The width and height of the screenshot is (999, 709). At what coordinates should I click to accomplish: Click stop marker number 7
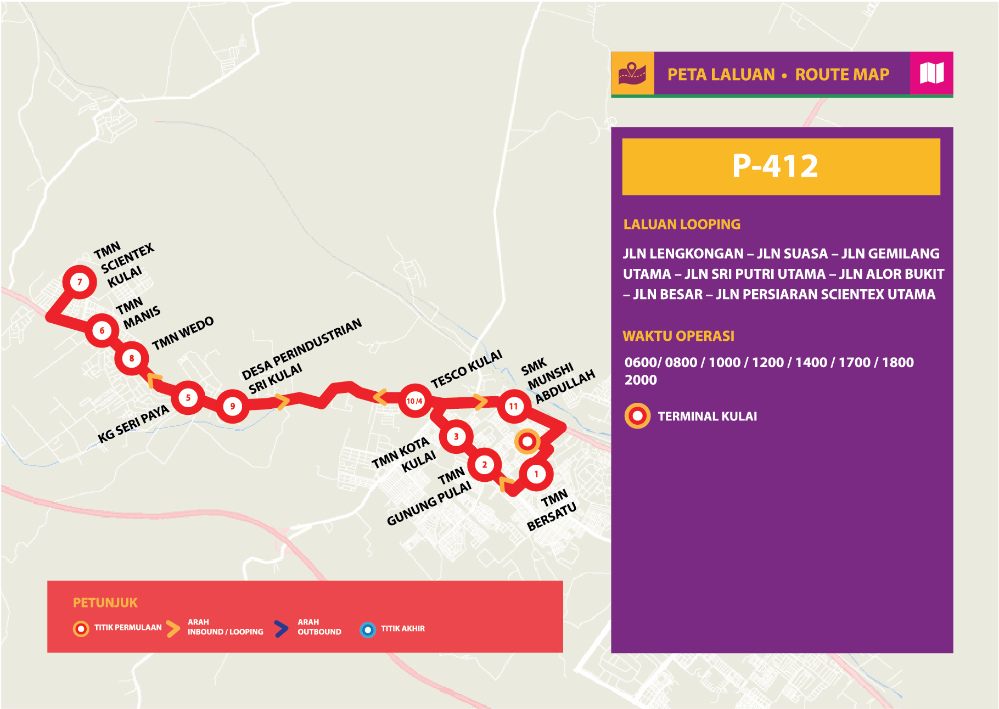point(80,282)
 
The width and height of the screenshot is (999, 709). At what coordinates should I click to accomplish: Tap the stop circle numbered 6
point(102,330)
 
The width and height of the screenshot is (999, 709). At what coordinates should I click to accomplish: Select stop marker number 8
point(132,358)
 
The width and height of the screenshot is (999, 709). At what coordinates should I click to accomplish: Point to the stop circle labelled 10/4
point(414,401)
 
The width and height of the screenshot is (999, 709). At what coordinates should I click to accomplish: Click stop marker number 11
point(513,407)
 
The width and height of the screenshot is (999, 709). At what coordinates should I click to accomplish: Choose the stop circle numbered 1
point(536,474)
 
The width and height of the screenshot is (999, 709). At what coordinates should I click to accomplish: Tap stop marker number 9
point(233,406)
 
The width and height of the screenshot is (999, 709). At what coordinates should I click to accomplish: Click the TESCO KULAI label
point(467,369)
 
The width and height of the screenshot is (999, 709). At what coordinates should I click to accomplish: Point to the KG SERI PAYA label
point(133,424)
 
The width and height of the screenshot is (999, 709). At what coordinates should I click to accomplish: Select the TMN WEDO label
point(183,333)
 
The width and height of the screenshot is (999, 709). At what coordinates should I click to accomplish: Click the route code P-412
point(775,166)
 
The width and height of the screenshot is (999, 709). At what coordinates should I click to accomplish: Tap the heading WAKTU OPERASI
point(678,336)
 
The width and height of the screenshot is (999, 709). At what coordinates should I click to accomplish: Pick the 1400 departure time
point(811,362)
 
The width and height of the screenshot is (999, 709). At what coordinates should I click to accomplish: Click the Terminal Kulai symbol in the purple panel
point(637,416)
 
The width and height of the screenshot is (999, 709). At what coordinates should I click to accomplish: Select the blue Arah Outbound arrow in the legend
point(281,629)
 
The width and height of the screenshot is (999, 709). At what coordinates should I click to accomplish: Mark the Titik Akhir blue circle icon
point(368,629)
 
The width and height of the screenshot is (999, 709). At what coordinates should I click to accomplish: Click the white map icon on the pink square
point(931,73)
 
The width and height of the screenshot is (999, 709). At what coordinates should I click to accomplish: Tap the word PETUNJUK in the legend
point(105,603)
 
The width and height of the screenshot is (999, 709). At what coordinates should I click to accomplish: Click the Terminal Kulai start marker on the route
point(527,441)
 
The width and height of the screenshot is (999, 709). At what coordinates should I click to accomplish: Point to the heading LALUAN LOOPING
point(682,224)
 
